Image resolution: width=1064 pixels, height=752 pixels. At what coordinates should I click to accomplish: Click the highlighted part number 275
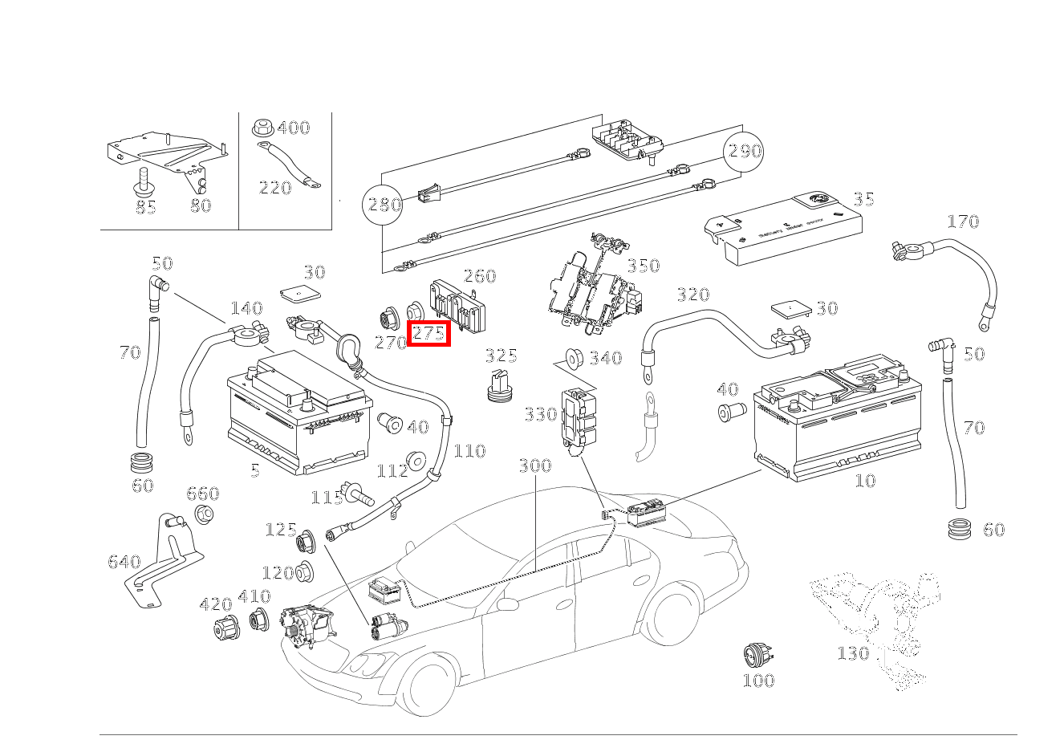(x=429, y=333)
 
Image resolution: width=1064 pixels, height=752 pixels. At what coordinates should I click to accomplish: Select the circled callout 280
(x=384, y=205)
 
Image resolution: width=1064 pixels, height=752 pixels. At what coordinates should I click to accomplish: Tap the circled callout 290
(x=744, y=151)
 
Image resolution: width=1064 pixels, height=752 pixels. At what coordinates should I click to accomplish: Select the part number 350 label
(x=643, y=266)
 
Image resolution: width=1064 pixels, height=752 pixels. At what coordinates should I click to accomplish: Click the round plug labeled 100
(x=757, y=655)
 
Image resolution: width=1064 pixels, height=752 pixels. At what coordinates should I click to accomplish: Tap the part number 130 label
(x=853, y=653)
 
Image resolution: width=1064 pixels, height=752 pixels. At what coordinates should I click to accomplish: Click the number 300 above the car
(x=534, y=466)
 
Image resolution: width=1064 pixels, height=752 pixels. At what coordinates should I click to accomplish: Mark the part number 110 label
(x=469, y=451)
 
